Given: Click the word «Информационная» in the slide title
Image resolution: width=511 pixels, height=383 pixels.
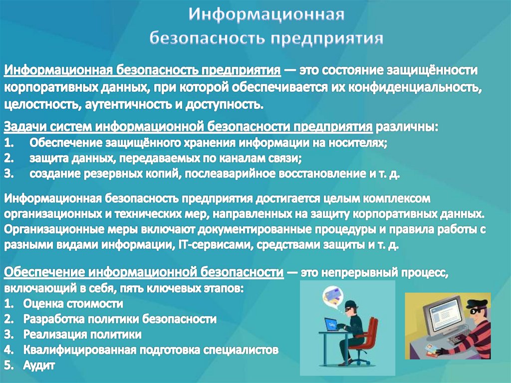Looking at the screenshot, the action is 266,14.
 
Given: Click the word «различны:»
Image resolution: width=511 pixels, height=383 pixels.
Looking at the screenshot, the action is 407,127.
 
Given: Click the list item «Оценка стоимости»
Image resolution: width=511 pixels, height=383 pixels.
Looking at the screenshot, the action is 73,304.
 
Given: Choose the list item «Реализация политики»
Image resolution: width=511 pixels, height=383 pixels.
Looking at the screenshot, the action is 82,335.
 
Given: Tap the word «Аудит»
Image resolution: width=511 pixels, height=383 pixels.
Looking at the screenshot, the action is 39,365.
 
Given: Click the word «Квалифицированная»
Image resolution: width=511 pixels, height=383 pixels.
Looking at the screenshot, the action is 79,350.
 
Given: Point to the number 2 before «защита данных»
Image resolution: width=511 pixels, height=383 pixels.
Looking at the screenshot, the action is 9,158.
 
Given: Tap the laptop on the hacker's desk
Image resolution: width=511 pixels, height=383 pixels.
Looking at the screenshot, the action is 333,325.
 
